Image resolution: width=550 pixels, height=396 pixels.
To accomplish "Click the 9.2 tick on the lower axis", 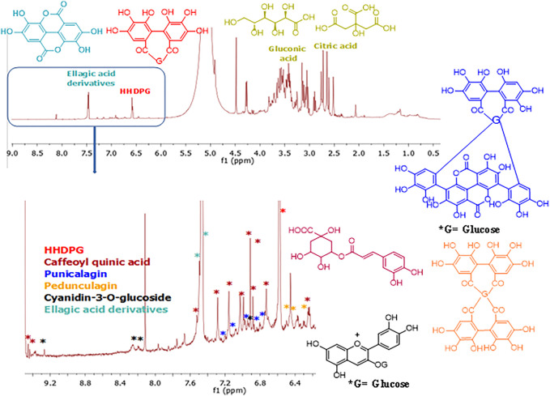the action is pos(49,376).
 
